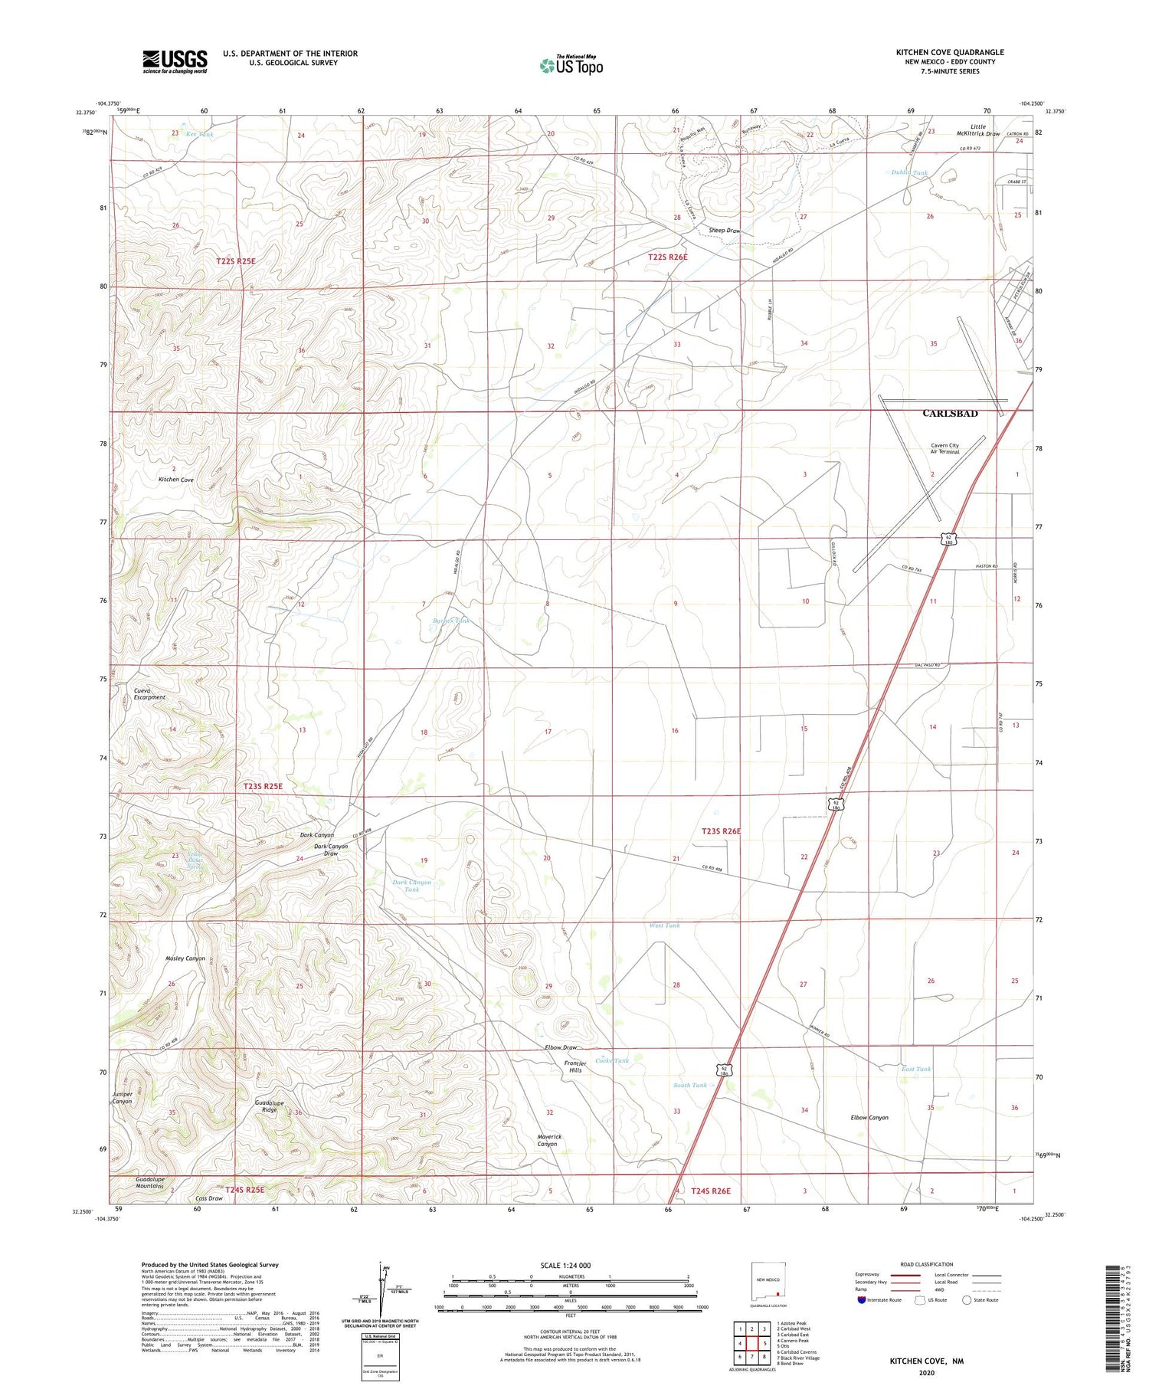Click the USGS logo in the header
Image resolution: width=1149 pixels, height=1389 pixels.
click(175, 61)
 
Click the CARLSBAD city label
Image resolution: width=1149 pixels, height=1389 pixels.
click(950, 414)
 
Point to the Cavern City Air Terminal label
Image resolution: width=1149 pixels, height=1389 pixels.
click(944, 449)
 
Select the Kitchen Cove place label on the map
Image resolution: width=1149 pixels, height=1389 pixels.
click(176, 480)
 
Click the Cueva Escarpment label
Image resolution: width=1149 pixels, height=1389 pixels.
click(149, 693)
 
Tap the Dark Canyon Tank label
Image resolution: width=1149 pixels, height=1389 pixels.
click(412, 886)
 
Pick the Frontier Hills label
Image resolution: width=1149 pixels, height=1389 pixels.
click(575, 1066)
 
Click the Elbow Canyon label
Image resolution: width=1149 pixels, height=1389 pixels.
click(869, 1118)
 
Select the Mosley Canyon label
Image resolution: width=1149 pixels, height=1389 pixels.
click(185, 958)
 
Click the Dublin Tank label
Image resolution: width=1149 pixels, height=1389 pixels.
click(909, 173)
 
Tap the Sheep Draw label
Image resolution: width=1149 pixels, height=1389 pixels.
click(724, 231)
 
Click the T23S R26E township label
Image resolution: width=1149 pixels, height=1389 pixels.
click(721, 831)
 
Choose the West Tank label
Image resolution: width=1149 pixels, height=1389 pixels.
click(664, 925)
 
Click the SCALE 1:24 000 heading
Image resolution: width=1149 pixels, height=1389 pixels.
click(565, 1265)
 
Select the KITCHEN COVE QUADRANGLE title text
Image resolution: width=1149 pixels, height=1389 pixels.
click(950, 52)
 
